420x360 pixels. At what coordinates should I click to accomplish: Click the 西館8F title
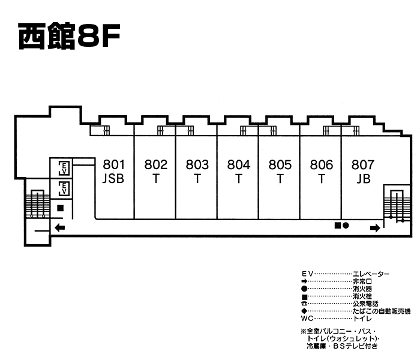click(x=69, y=37)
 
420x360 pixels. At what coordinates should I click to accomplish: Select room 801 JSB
click(x=113, y=171)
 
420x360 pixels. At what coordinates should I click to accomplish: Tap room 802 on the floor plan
click(x=156, y=171)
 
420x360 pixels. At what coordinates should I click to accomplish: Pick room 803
click(x=197, y=171)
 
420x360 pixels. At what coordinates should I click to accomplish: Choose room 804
click(x=239, y=171)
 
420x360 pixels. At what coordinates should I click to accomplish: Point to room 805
click(x=280, y=171)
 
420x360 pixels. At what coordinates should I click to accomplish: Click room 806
click(x=322, y=171)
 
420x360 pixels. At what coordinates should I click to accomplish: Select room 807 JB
click(x=363, y=171)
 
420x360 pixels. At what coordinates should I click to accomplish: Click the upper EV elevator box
click(x=62, y=167)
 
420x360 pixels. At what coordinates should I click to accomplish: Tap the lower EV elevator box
click(x=62, y=190)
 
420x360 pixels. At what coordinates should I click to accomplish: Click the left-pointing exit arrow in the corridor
click(x=59, y=227)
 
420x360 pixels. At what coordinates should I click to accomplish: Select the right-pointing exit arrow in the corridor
click(x=375, y=227)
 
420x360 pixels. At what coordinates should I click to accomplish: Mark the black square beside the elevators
click(x=61, y=208)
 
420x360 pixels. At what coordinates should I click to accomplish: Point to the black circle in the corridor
click(x=346, y=225)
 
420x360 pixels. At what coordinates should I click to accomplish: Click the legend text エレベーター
click(x=371, y=274)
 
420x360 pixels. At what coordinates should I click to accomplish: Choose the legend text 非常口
click(x=360, y=281)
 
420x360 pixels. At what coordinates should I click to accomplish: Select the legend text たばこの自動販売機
click(x=382, y=311)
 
